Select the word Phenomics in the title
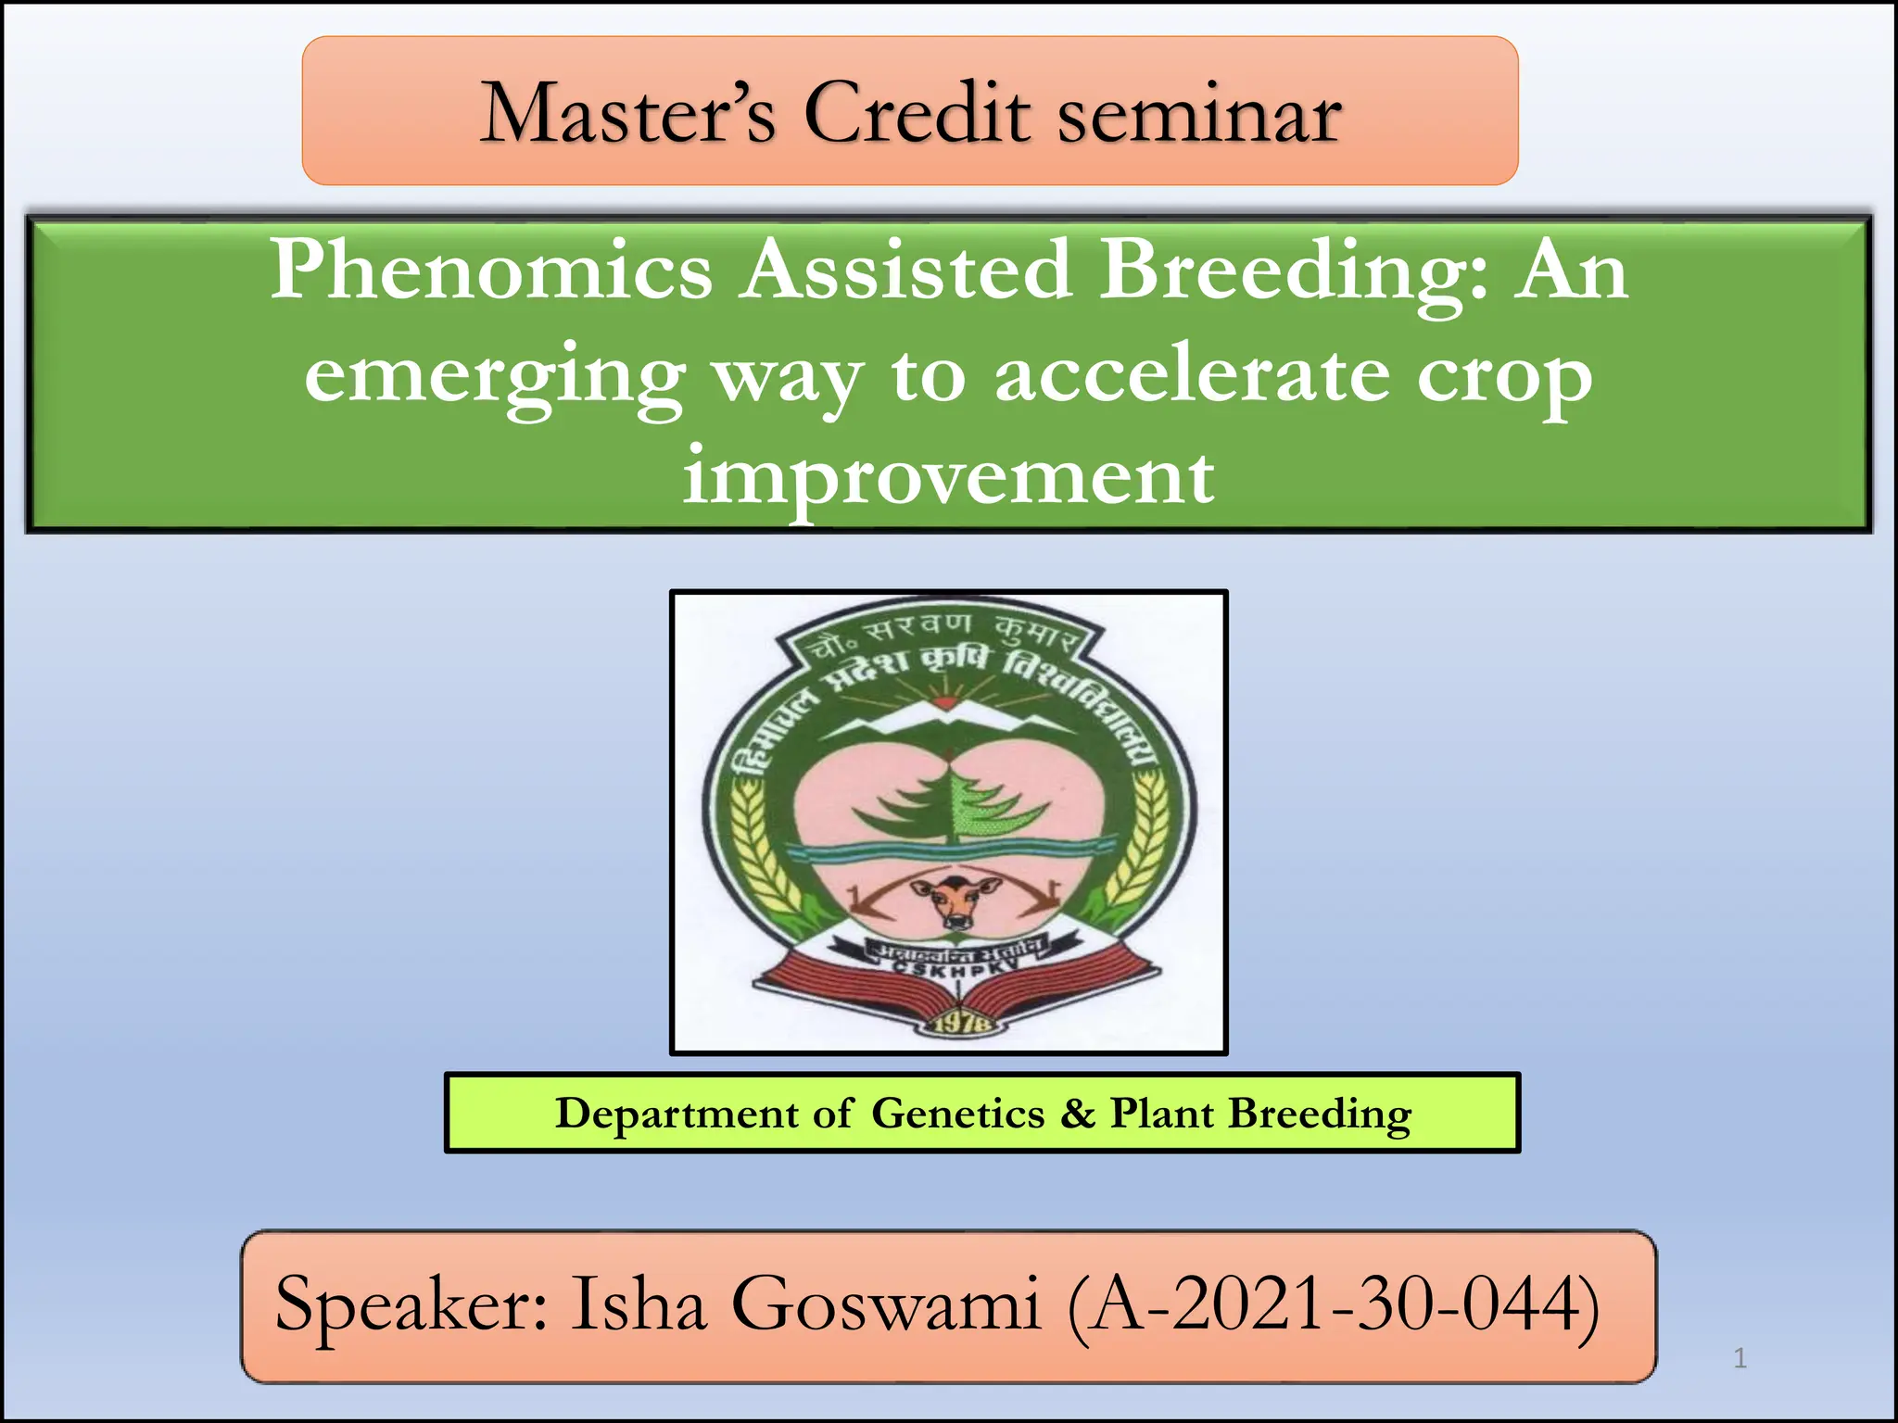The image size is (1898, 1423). (491, 270)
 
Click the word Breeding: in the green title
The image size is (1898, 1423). (1294, 271)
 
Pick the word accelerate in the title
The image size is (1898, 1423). (1192, 375)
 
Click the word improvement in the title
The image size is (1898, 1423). (948, 477)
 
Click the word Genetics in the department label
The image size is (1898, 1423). (957, 1114)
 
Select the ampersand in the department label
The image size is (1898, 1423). (1078, 1113)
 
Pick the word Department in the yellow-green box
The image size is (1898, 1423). (677, 1114)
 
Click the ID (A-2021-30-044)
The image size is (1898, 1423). (1333, 1305)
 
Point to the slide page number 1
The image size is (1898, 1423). (1740, 1358)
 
